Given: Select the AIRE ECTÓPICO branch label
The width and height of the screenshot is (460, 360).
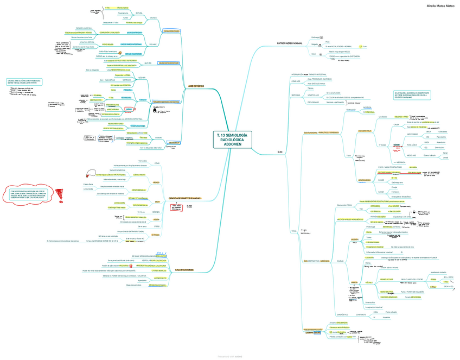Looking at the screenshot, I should coord(195,86).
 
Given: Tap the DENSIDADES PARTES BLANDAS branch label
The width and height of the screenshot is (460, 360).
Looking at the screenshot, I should coord(186,199).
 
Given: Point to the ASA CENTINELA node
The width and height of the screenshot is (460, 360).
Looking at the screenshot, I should coord(365,131).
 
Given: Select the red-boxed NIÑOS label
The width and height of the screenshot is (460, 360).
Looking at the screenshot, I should coord(129,109).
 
